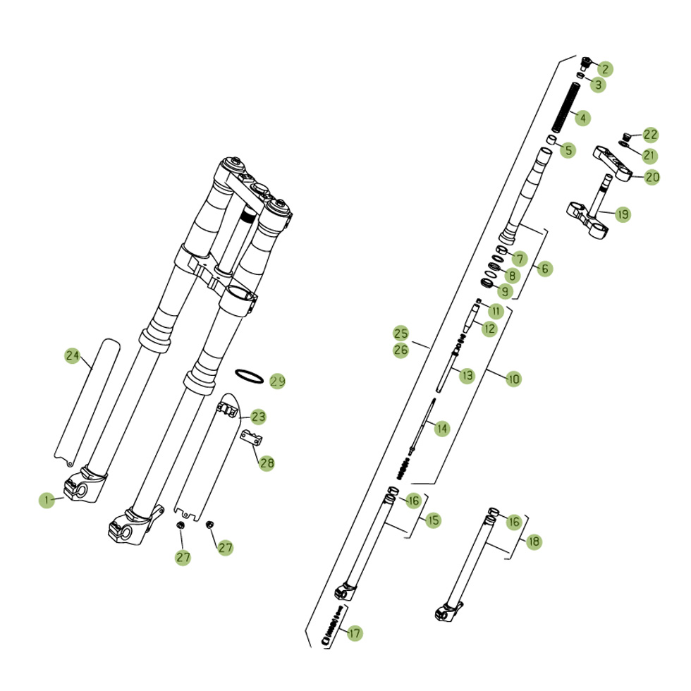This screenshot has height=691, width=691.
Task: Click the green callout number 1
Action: point(47,500)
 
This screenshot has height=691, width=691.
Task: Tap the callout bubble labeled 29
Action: point(277,381)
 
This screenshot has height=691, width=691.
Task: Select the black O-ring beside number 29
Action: point(249,377)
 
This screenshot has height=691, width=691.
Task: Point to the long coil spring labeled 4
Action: point(565,107)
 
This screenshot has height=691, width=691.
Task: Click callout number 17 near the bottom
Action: point(354,633)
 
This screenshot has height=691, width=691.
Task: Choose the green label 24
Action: point(72,355)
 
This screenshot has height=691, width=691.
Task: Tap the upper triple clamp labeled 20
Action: point(612,164)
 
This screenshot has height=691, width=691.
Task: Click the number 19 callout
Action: point(623,214)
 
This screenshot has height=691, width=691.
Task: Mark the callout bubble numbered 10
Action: point(513,379)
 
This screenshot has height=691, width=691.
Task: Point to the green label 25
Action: point(400,333)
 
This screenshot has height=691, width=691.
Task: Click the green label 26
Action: point(400,350)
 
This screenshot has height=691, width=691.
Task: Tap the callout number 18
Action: point(534,542)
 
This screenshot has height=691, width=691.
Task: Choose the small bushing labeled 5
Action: point(551,140)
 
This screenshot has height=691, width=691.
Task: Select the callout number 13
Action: point(467,376)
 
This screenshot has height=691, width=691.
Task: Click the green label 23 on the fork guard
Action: point(258,417)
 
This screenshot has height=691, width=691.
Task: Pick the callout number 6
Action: point(544,269)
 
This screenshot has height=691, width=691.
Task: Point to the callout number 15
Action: point(433,520)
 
